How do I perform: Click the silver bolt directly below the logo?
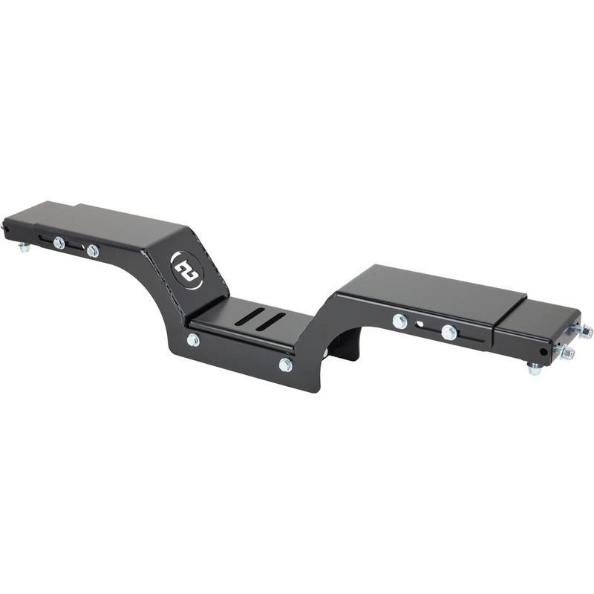193,340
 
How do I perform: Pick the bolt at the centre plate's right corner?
286,365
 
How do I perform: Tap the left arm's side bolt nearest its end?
59,242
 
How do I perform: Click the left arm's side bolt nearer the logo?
92,251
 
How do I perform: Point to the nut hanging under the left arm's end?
25,247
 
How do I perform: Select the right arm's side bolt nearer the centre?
399,321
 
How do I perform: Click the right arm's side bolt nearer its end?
448,332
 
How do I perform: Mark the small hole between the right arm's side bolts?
420,324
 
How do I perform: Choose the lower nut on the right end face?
567,352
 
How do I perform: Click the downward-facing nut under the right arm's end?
534,368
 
